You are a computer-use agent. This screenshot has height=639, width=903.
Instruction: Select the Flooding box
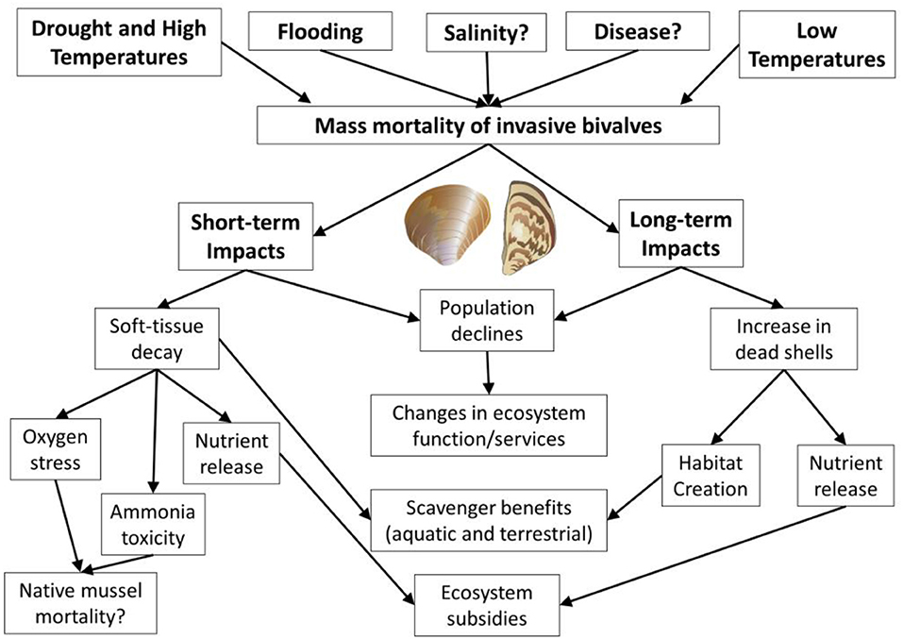320,32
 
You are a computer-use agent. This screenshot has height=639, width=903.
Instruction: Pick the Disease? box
637,32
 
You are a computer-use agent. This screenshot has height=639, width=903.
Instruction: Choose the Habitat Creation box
699,477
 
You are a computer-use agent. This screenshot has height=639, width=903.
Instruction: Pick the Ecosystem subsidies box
487,605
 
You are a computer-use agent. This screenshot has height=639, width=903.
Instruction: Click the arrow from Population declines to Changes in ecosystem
488,372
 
